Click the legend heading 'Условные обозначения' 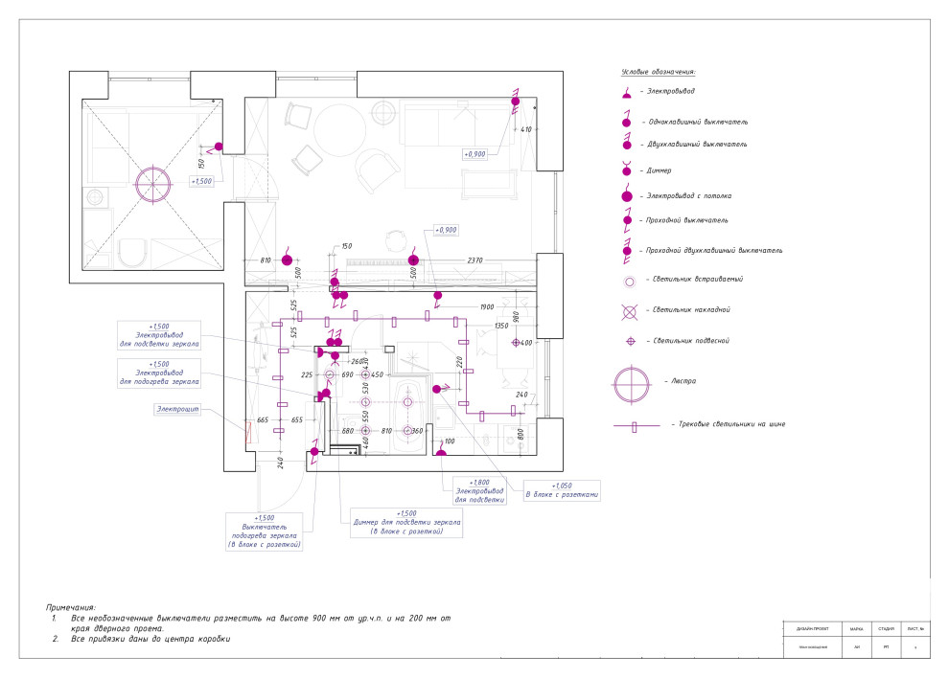658,72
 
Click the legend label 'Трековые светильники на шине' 729,423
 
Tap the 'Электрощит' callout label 177,409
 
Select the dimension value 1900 486,306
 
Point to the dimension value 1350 500,326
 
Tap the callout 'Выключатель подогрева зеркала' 265,531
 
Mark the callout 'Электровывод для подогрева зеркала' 159,373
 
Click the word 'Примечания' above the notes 71,607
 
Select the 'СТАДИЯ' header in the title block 886,629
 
